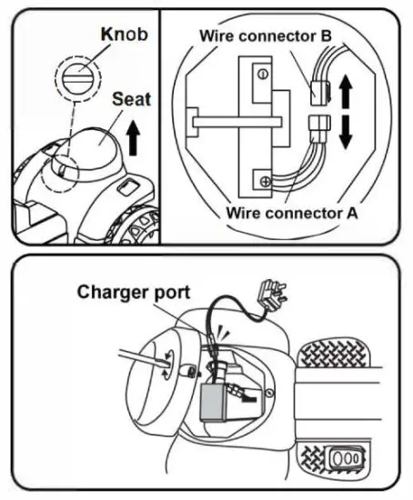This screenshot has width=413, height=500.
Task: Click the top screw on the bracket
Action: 262,73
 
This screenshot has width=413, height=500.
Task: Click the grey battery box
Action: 217,401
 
